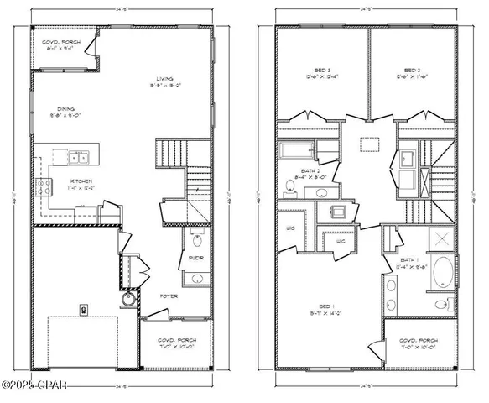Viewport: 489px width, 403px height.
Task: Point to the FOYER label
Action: [169, 296]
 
